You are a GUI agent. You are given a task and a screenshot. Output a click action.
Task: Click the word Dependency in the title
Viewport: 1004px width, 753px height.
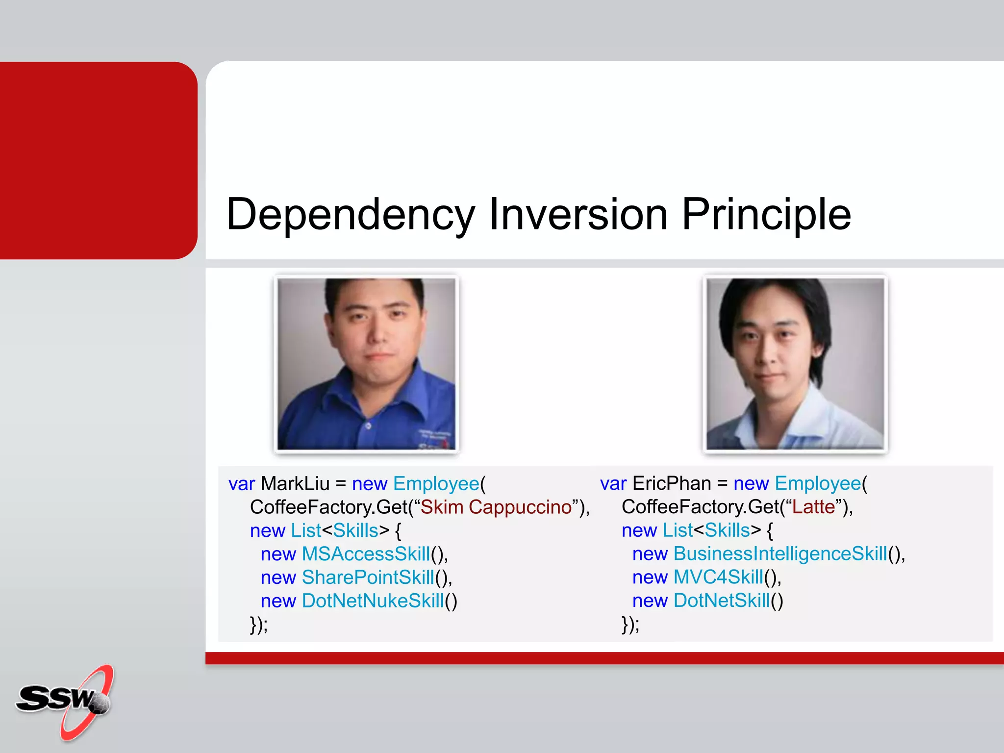click(x=350, y=214)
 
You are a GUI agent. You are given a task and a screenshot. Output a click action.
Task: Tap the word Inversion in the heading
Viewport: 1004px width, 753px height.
click(x=578, y=214)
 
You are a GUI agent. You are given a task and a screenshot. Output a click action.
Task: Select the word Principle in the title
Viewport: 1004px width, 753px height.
click(x=766, y=214)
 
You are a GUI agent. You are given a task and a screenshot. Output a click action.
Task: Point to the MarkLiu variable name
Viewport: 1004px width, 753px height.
click(x=295, y=484)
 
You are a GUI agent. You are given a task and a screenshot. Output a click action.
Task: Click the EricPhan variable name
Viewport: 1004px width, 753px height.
click(x=671, y=484)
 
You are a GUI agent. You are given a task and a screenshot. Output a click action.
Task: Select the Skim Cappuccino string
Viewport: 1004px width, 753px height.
click(x=496, y=507)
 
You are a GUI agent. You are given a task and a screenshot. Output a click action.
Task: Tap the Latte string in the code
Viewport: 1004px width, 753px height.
click(x=813, y=507)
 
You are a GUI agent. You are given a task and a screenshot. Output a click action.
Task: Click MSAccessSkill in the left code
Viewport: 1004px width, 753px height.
click(x=366, y=554)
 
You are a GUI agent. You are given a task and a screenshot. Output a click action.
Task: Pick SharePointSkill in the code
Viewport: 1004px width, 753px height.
click(x=368, y=577)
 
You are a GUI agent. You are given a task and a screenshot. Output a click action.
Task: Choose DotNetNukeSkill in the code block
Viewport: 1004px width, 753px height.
click(x=373, y=601)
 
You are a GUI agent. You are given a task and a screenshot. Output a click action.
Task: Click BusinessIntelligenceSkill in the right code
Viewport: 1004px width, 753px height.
click(x=780, y=554)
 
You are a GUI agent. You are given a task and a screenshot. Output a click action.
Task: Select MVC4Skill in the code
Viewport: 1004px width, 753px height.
click(x=718, y=577)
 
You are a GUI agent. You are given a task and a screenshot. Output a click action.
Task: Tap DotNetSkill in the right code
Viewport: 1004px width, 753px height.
click(x=722, y=601)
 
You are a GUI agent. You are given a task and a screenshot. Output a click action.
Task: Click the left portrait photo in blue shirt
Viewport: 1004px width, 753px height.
click(x=366, y=363)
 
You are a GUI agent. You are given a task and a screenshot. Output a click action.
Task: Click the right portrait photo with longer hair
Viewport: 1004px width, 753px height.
click(x=795, y=363)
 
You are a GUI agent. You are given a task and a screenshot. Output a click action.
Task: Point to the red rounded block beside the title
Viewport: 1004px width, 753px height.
click(x=98, y=160)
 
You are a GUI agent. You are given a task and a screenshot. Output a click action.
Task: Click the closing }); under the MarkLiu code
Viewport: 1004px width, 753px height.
click(x=259, y=625)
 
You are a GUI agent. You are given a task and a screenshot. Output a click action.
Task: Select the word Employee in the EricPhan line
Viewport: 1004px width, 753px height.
click(x=818, y=484)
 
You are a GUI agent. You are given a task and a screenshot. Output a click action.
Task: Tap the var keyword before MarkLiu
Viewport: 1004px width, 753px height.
click(x=241, y=484)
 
